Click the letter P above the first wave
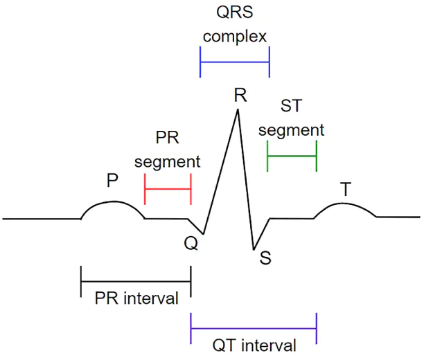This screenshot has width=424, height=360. (x=112, y=180)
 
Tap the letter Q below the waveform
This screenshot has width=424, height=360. (x=191, y=243)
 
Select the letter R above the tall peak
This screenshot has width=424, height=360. (x=240, y=95)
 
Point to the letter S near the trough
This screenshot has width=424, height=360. (x=265, y=258)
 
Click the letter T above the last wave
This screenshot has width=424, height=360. (x=346, y=189)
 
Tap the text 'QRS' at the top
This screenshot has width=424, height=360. (x=235, y=12)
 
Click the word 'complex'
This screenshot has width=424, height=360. (x=235, y=37)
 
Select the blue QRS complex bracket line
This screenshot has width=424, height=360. (x=235, y=62)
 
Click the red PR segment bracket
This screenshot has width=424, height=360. (x=168, y=189)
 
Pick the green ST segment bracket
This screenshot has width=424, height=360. (x=292, y=156)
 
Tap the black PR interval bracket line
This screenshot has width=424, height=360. (x=136, y=281)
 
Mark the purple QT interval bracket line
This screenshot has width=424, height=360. (x=254, y=328)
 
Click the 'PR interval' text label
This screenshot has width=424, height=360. (x=136, y=298)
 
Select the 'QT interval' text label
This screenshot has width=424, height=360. (x=254, y=345)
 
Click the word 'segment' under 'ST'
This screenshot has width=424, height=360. (x=291, y=130)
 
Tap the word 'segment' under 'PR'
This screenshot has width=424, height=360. (x=168, y=162)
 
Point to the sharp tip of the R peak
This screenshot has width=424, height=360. (x=238, y=109)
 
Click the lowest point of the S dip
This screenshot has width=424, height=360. (x=254, y=249)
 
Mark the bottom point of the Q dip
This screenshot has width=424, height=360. (x=203, y=234)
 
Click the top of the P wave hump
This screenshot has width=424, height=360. (x=114, y=201)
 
